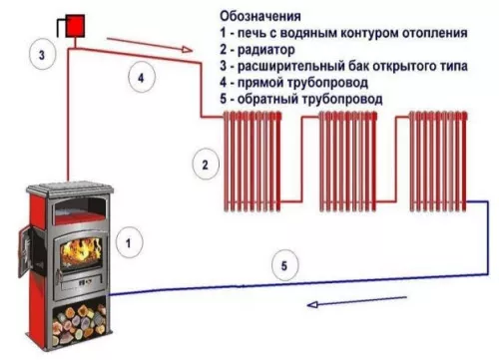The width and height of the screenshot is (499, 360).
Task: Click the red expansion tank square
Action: [x=75, y=26]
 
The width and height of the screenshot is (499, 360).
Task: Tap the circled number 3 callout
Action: [x=42, y=55]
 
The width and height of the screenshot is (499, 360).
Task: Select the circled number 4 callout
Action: [x=141, y=78]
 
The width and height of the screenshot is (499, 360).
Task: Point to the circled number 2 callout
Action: [x=206, y=165]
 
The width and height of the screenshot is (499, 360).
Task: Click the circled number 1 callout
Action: [x=129, y=243]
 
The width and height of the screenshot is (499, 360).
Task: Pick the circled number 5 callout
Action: [x=284, y=265]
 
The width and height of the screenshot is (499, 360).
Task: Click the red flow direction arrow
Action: [x=150, y=45]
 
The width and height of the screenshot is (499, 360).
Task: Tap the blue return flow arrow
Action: [x=356, y=301]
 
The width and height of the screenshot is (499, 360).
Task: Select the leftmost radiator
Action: [x=252, y=162]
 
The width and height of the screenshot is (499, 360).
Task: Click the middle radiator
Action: [x=348, y=162]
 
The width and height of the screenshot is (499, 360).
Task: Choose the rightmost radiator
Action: [x=438, y=162]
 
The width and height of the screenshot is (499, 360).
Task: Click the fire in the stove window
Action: [x=81, y=252]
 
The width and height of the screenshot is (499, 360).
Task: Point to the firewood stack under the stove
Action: [x=80, y=324]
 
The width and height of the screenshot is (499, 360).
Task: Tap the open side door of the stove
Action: [x=25, y=250]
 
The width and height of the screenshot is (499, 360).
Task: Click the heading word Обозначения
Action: [x=260, y=16]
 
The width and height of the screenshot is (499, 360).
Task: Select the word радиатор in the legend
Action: [x=266, y=50]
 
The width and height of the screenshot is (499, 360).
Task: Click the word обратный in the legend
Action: [x=267, y=99]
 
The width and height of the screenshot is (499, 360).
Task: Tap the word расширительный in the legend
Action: [x=291, y=67]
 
